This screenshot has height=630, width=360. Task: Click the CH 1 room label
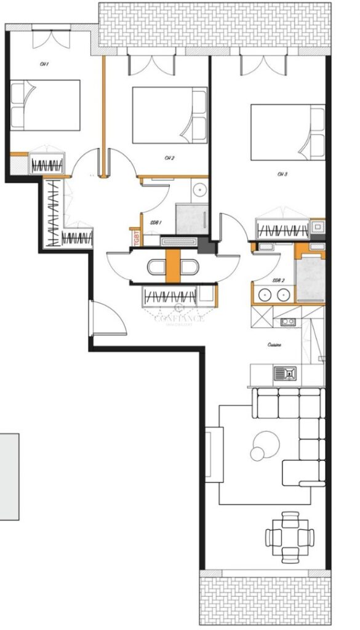[x=44, y=64]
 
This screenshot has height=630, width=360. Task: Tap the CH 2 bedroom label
[x=169, y=158]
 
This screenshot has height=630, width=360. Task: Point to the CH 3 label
[x=282, y=174]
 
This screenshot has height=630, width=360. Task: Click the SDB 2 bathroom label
[x=279, y=280]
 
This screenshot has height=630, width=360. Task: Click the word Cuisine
[x=274, y=345]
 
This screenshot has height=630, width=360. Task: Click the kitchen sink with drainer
[x=285, y=372]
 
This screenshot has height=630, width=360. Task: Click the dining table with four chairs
[x=289, y=536]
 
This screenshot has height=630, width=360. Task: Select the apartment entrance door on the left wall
[x=107, y=319]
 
